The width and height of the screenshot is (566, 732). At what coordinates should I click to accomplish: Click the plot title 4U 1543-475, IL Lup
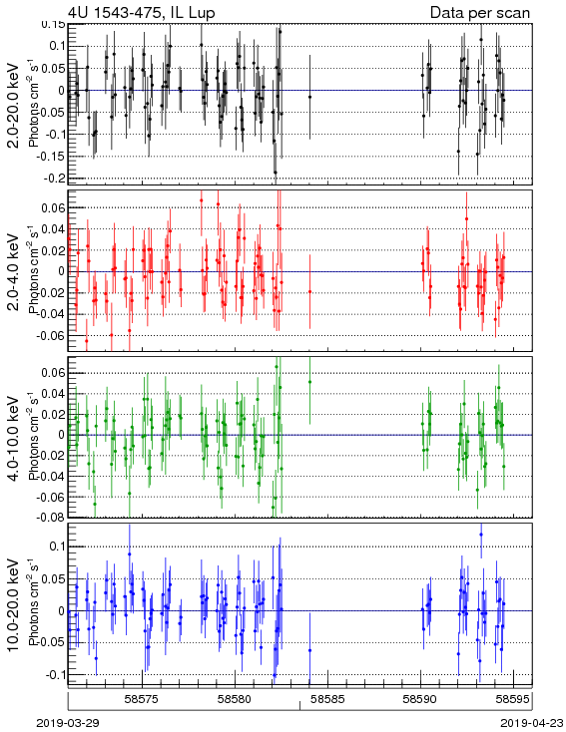pyautogui.click(x=142, y=12)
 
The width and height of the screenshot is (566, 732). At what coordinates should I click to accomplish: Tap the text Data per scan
pyautogui.click(x=480, y=12)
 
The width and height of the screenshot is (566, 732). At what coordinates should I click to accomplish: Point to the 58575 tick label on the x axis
pyautogui.click(x=143, y=699)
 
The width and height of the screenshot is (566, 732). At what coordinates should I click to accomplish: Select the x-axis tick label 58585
pyautogui.click(x=328, y=699)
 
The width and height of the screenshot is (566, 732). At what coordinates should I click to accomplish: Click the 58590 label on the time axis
pyautogui.click(x=420, y=699)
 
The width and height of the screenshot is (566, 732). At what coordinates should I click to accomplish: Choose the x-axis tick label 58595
pyautogui.click(x=513, y=699)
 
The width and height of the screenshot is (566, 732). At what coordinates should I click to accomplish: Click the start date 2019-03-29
pyautogui.click(x=68, y=723)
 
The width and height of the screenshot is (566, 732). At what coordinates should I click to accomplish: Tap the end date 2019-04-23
pyautogui.click(x=532, y=723)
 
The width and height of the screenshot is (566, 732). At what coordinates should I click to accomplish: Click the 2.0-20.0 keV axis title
pyautogui.click(x=14, y=104)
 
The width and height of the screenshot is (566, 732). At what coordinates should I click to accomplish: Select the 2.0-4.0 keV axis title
pyautogui.click(x=14, y=271)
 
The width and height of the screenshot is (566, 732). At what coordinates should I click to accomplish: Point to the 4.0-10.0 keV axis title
pyautogui.click(x=14, y=438)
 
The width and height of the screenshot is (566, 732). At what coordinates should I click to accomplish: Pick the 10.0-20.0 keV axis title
pyautogui.click(x=14, y=604)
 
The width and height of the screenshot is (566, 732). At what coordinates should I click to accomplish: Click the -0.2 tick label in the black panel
pyautogui.click(x=55, y=178)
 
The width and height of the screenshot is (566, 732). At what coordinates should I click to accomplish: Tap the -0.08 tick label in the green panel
pyautogui.click(x=52, y=518)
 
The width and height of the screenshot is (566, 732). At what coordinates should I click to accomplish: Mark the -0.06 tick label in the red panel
pyautogui.click(x=52, y=335)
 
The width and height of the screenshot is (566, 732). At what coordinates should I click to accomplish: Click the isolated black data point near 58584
pyautogui.click(x=309, y=97)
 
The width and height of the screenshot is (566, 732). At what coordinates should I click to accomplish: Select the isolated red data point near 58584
pyautogui.click(x=309, y=292)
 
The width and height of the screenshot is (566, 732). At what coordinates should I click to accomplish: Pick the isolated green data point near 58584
pyautogui.click(x=309, y=382)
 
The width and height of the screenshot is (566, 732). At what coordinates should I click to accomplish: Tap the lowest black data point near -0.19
pyautogui.click(x=276, y=173)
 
